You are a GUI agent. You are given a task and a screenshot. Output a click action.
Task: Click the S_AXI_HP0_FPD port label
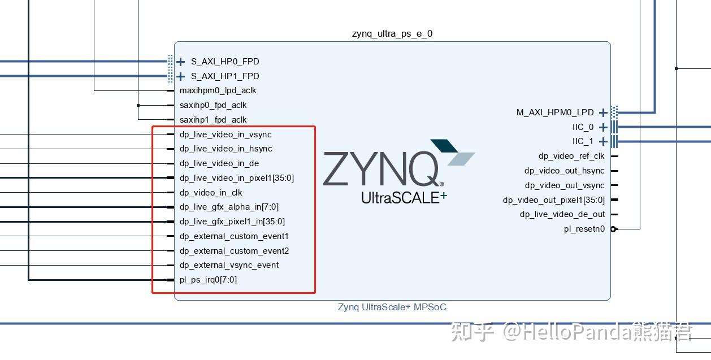coord(225,62)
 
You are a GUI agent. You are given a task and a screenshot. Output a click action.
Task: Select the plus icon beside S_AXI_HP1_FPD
coord(181,76)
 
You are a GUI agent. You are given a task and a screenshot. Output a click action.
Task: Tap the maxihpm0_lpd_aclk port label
coord(218,90)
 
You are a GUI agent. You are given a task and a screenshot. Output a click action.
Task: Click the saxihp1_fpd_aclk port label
coord(213,120)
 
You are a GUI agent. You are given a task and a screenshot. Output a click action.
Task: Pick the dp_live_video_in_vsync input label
coord(226,135)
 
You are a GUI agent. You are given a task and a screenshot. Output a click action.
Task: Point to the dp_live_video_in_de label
coord(219,163)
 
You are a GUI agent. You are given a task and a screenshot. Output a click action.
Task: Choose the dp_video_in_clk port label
coord(211,193)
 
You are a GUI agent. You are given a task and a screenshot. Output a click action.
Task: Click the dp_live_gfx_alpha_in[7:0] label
coord(229,207)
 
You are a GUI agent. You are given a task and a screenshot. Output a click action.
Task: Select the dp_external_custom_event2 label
coord(234,251)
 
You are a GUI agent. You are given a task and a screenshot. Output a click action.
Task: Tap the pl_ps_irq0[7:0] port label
coord(208,280)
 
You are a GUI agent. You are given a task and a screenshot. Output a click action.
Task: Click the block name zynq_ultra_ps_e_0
coord(392,34)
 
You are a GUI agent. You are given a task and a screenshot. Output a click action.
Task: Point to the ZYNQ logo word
coord(382,169)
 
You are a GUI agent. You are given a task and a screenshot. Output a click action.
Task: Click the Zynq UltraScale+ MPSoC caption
coord(392,307)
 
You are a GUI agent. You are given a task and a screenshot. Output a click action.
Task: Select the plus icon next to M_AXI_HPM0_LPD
coord(604,112)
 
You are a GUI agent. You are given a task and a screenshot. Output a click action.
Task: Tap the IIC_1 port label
coord(583,141)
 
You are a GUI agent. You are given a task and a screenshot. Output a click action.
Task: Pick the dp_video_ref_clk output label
coord(571,156)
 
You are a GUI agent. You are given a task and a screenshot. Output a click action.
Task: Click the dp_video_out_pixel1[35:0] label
coord(554,200)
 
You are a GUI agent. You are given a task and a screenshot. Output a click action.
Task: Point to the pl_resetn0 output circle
coord(614,229)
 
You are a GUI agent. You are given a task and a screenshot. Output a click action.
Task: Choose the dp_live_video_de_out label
coord(562,214)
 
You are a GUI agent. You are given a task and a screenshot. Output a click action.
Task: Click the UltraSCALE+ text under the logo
coord(404,197)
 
